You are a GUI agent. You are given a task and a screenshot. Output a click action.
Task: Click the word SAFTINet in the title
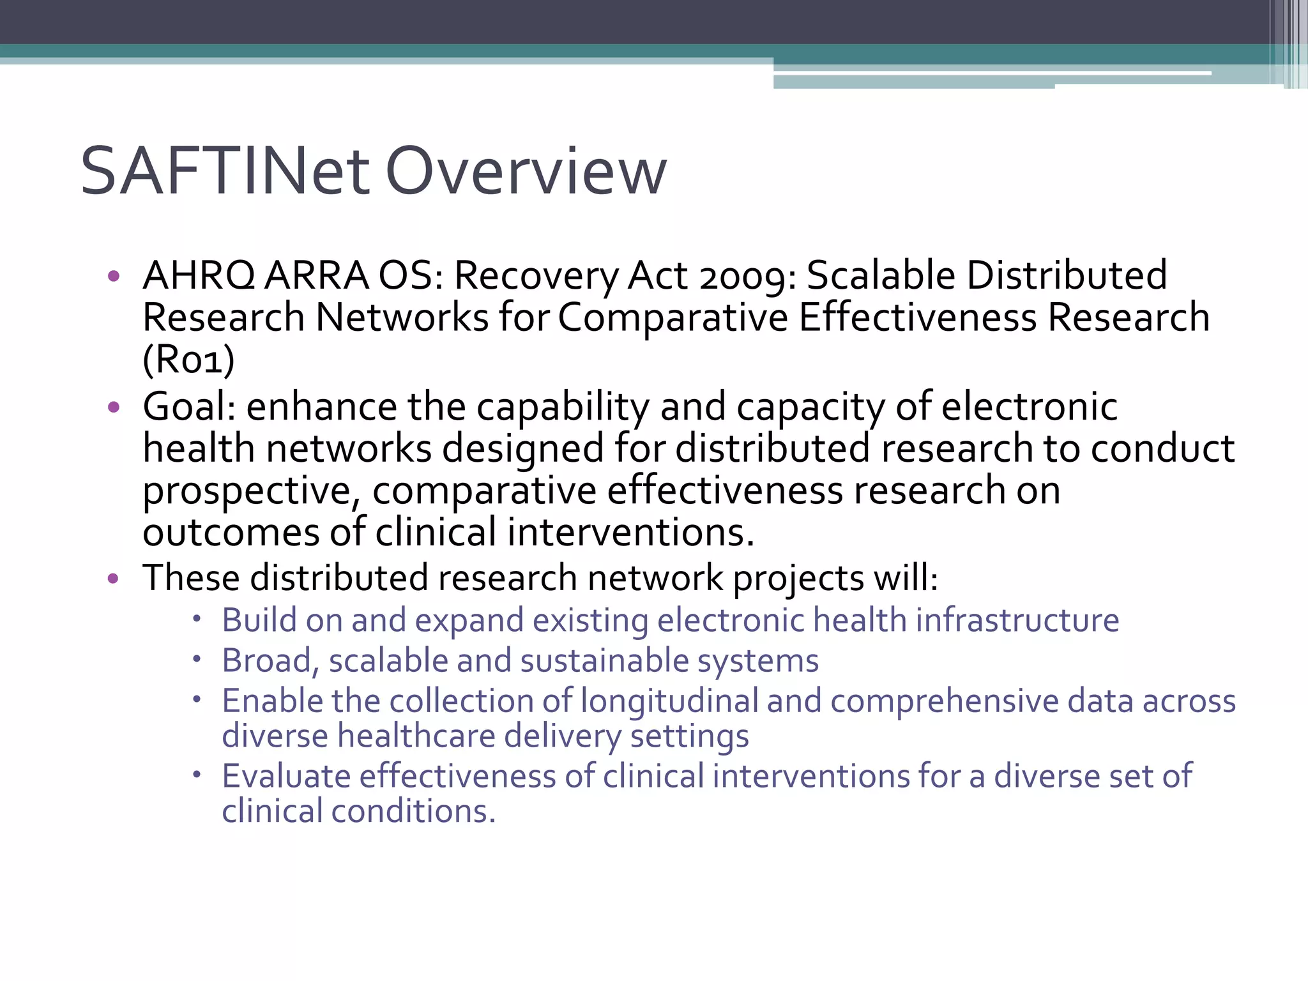(x=225, y=171)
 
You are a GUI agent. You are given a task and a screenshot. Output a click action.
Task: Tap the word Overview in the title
(x=526, y=171)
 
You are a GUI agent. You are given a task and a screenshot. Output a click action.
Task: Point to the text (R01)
(x=188, y=360)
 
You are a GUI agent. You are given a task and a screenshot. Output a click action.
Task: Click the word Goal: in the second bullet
(x=189, y=407)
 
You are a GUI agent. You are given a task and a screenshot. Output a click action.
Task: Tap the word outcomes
(x=231, y=533)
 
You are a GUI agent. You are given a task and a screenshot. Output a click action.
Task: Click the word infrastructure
(x=1017, y=620)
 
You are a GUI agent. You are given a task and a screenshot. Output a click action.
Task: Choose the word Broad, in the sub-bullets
(x=270, y=661)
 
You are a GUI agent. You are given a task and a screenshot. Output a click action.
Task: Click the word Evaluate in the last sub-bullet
(x=286, y=777)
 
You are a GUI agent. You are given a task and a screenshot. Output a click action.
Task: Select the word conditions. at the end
(x=413, y=811)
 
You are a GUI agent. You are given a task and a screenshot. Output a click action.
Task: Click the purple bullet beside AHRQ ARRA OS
(x=114, y=276)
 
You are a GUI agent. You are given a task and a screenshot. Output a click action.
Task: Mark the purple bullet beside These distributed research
(x=114, y=579)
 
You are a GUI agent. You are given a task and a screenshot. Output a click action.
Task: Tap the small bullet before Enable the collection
(x=198, y=699)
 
